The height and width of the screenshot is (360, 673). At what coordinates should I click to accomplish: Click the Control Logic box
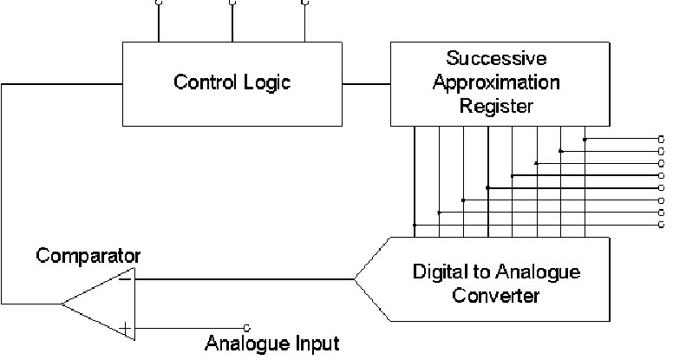232,83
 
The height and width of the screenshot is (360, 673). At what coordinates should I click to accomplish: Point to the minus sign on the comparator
126,279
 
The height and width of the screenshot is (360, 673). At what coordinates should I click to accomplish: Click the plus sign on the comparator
127,328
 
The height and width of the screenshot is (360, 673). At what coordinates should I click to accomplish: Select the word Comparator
88,256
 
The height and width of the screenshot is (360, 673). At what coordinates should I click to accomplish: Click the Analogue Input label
272,343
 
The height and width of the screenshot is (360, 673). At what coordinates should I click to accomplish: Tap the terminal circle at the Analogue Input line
247,328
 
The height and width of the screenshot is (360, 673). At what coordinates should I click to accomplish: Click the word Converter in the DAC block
497,296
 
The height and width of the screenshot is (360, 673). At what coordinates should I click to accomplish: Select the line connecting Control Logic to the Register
366,83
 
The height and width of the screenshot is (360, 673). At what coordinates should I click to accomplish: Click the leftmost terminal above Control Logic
158,3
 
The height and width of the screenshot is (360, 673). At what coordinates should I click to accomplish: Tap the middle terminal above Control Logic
232,3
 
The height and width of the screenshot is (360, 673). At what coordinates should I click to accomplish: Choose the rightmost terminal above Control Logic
304,3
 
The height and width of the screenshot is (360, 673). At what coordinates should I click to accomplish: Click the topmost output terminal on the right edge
661,139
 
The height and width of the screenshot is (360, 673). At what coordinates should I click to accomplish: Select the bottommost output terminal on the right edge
661,225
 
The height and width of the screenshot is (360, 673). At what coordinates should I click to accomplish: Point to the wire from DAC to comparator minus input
243,279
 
